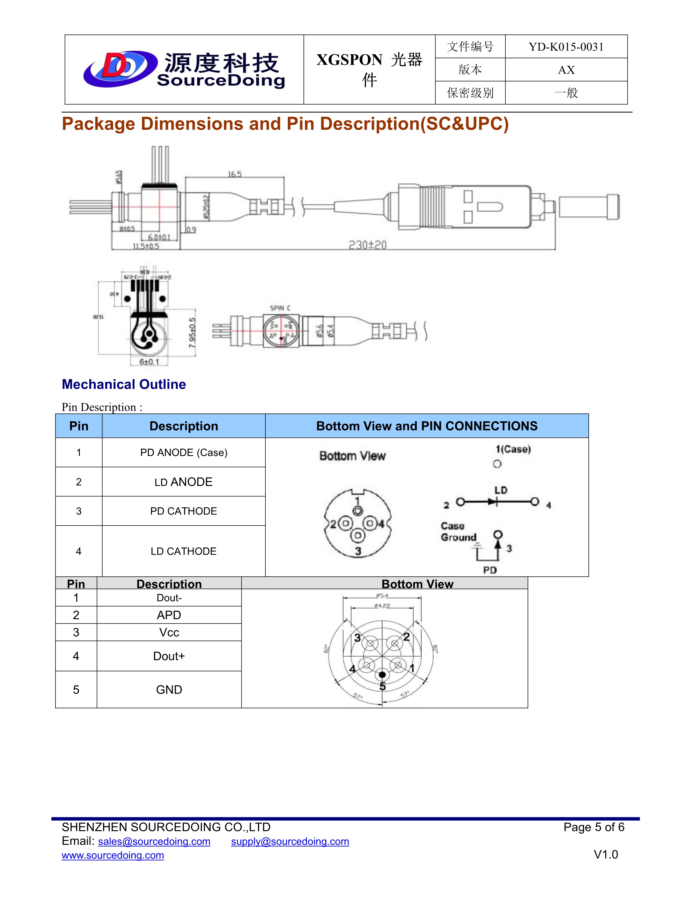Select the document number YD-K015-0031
point(566,47)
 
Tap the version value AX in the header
point(566,70)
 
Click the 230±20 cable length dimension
point(367,245)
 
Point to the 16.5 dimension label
point(235,174)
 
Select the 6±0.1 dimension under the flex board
point(149,362)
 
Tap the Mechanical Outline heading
point(124,384)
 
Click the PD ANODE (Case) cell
point(183,452)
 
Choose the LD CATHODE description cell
point(183,551)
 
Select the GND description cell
point(169,689)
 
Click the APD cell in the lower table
point(169,615)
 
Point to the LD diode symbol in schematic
point(493,502)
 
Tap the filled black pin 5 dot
point(382,674)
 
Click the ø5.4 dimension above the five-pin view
point(382,596)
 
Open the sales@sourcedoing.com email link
point(154,841)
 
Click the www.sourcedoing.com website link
point(113,855)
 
